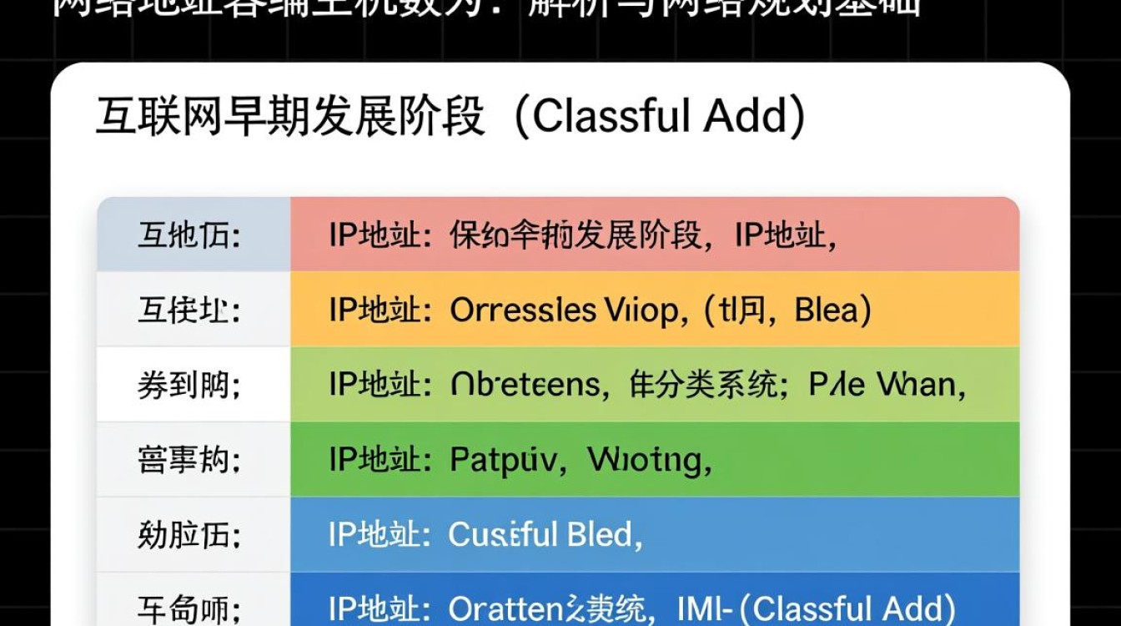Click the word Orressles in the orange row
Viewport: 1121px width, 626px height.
pyautogui.click(x=522, y=310)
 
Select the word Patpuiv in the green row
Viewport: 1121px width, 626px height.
pyautogui.click(x=502, y=460)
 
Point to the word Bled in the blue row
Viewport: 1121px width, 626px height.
pyautogui.click(x=601, y=534)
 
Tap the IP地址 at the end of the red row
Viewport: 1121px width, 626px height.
pyautogui.click(x=785, y=236)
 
